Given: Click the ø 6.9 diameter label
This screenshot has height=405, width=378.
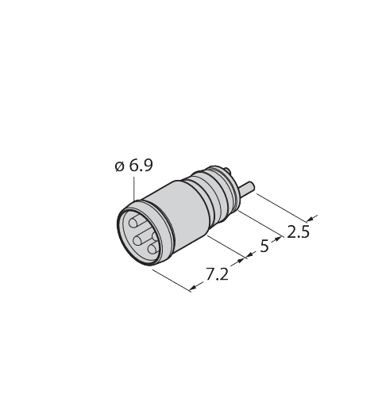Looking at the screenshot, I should (134, 166).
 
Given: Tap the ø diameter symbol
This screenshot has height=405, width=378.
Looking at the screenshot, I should (118, 166).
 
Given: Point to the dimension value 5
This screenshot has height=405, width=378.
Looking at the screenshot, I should (264, 246).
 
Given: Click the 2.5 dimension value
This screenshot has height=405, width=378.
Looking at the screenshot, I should (298, 231).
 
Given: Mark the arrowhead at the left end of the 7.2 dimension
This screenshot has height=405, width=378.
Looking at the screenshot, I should (192, 288).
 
